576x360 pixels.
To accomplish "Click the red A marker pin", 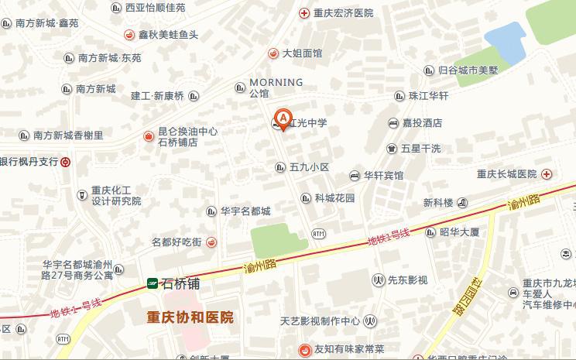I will [283, 118].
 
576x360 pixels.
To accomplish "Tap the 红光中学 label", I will [309, 123].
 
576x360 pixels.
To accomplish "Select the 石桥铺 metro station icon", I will [153, 284].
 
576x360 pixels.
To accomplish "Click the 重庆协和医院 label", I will [190, 317].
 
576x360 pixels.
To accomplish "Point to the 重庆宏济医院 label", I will [343, 13].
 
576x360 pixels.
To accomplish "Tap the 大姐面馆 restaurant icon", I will [273, 53].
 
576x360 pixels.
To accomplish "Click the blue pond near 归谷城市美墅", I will [505, 43].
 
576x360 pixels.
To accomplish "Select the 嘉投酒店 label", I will [422, 123].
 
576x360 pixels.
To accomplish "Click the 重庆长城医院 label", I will [507, 174].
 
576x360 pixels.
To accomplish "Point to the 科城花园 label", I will [334, 198].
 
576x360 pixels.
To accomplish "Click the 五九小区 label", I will [310, 167].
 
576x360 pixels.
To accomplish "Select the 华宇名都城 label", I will [245, 211].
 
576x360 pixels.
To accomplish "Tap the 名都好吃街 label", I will [177, 242].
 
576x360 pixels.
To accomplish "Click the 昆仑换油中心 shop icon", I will [148, 136].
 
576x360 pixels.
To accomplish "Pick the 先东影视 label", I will [407, 279].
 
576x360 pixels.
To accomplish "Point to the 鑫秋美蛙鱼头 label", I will [168, 35].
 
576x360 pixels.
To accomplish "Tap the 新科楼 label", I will [438, 203].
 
